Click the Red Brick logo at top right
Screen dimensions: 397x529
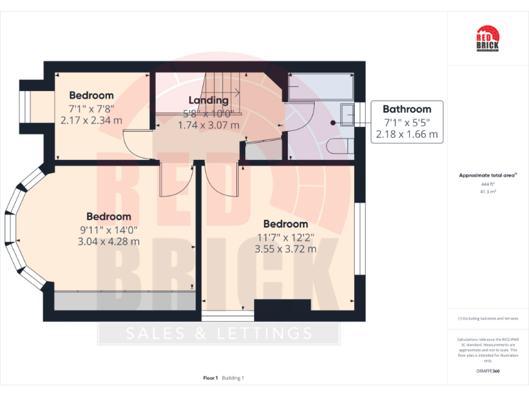487,38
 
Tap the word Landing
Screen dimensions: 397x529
208,101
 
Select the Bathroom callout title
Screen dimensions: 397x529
406,109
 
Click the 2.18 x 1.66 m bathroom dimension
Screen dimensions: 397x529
406,134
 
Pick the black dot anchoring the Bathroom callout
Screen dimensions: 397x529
333,123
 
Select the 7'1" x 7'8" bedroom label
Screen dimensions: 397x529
91,108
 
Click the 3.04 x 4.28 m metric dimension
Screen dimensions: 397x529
109,241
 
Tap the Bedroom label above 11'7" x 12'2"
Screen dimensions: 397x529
285,224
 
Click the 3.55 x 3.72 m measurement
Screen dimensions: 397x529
285,249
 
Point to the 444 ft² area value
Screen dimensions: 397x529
488,185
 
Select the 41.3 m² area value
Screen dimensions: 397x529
488,192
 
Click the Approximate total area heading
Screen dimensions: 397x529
487,176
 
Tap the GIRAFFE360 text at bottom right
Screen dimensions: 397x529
488,371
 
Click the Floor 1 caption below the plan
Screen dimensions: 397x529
211,378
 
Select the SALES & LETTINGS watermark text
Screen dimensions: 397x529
219,334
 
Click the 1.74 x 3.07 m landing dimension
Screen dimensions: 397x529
208,125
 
